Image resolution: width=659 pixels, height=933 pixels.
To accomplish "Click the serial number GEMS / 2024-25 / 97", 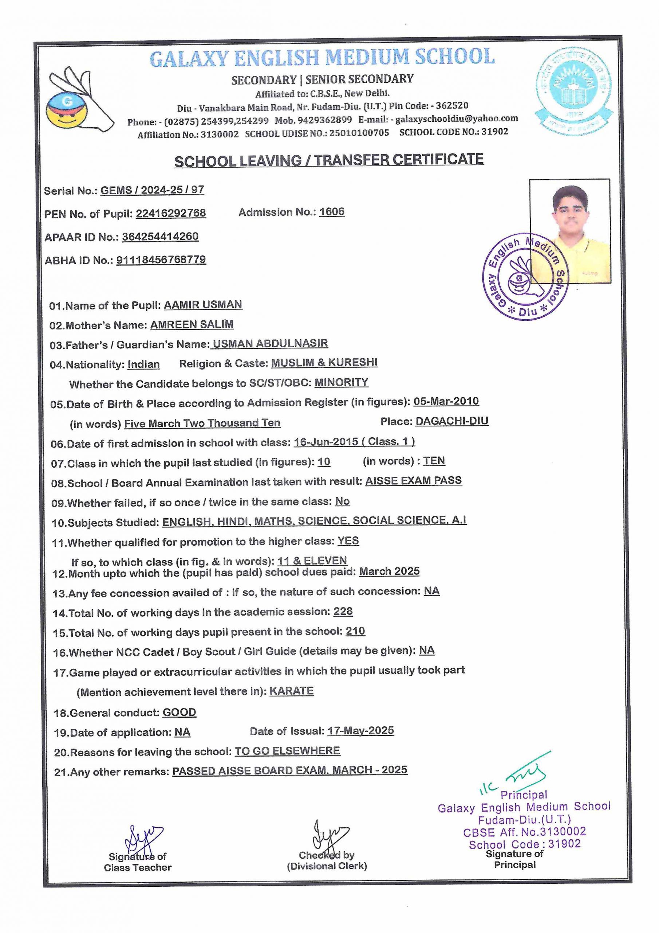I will point(152,190).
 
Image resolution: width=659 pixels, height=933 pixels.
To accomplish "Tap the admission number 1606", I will point(332,212).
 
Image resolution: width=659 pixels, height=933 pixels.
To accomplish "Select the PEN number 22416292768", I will point(171,213).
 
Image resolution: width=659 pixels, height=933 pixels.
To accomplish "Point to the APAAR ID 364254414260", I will point(161,237).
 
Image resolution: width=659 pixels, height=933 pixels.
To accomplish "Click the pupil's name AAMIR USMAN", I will point(203,305).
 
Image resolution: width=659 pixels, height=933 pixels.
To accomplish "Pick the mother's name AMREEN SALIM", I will point(192,325).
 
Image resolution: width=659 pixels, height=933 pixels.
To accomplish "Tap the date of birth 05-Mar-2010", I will point(446,402).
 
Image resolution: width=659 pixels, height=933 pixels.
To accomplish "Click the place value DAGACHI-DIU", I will point(452,421).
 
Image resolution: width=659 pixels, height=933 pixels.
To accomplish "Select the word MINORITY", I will point(342,382).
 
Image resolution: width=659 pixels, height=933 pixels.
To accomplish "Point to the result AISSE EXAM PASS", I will point(413,481).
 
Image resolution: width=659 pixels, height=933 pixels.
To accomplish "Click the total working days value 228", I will point(343,612).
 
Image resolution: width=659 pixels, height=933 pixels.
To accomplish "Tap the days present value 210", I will point(355,631).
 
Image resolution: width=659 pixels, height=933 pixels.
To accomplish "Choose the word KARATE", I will point(292,691).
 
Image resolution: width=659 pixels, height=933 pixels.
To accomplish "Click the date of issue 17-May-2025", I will point(360,731).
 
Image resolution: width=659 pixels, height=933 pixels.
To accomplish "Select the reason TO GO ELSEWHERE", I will point(288,750).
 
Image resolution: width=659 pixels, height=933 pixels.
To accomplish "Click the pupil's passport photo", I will point(570,230).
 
